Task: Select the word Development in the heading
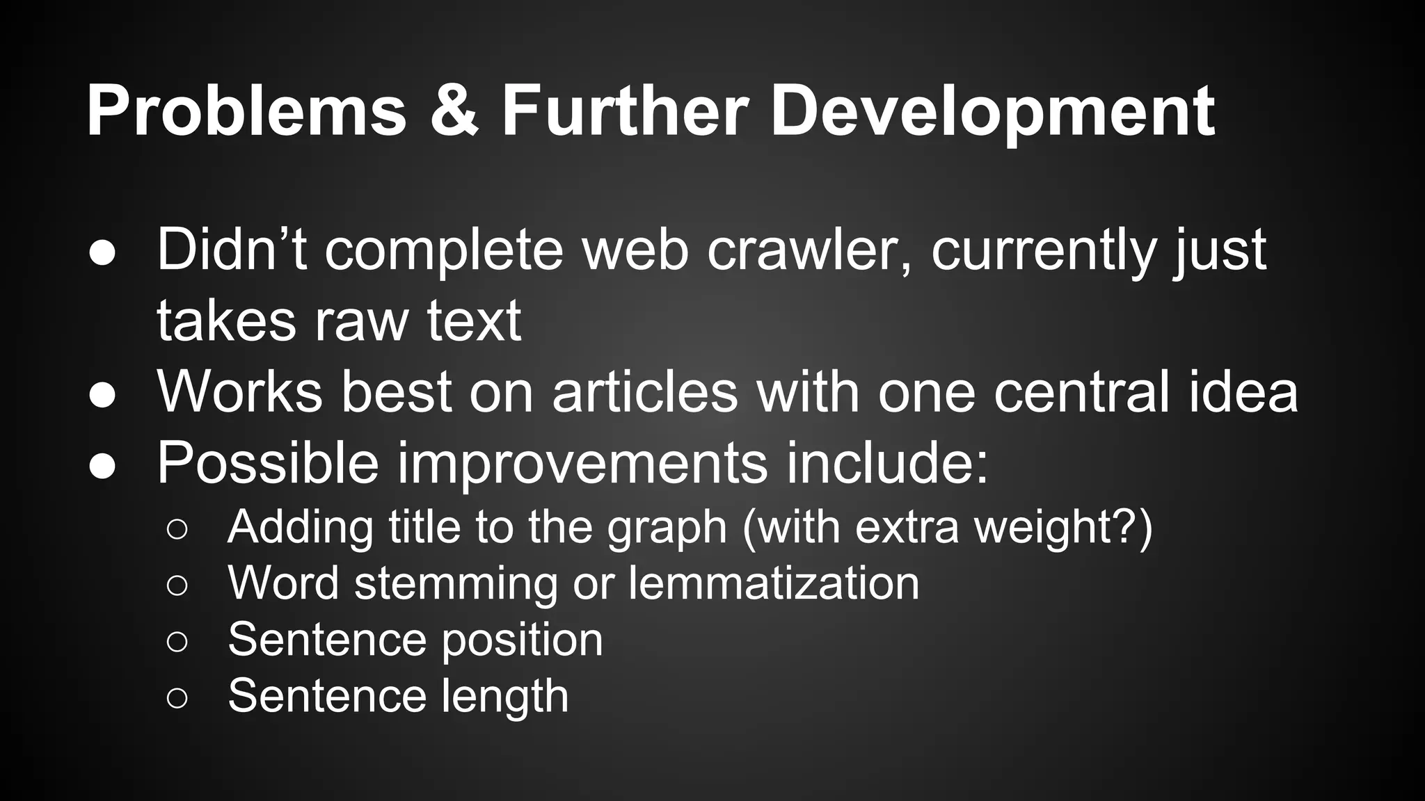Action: coord(992,111)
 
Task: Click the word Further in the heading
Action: coord(624,111)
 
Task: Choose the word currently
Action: coord(1043,250)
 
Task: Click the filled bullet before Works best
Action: coord(102,394)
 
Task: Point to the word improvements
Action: coord(582,464)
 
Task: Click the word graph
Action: coord(667,528)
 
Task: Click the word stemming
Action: coord(456,584)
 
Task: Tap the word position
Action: coord(523,640)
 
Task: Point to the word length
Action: coord(505,697)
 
